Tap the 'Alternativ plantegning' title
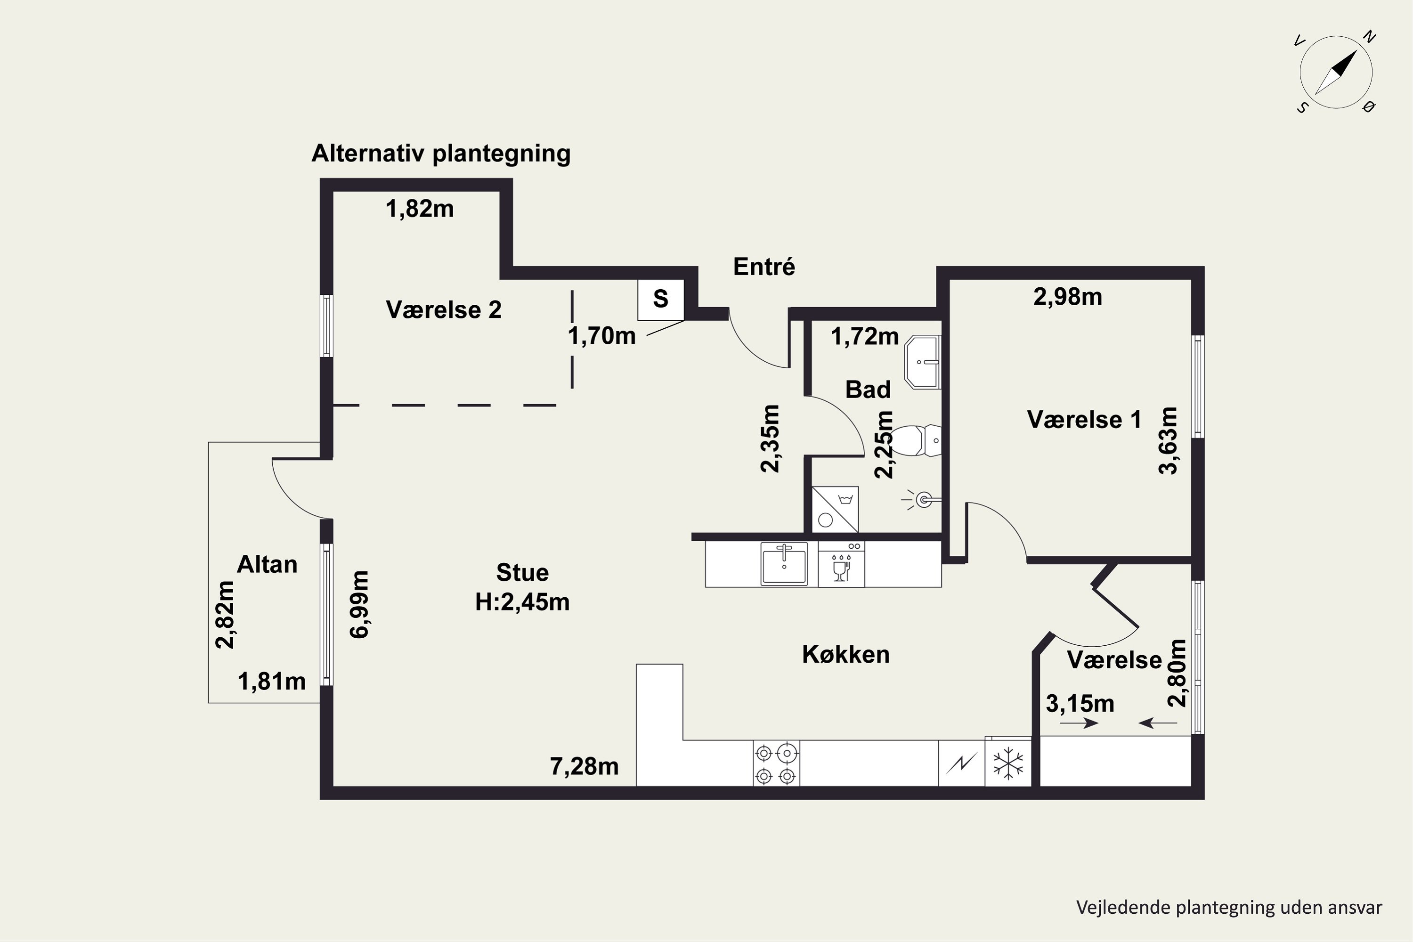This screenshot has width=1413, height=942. tap(441, 154)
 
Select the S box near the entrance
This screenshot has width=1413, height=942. tap(661, 299)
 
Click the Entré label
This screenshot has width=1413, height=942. tap(764, 267)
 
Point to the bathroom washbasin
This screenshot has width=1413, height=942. tap(923, 362)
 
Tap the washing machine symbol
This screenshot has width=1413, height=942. tap(835, 510)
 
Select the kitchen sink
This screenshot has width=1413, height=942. tap(784, 563)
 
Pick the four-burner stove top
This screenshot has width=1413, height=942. tap(776, 763)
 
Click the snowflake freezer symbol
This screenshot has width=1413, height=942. tap(1008, 763)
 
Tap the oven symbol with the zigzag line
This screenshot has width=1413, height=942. tap(962, 763)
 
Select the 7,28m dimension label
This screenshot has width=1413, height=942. tap(585, 767)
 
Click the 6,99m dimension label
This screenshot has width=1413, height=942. tap(359, 604)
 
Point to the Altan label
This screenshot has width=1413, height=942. tap(268, 565)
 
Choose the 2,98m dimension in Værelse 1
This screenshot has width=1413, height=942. tap(1068, 297)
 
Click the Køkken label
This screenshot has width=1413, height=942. tap(846, 654)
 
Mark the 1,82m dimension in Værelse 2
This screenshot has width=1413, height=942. tap(419, 209)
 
